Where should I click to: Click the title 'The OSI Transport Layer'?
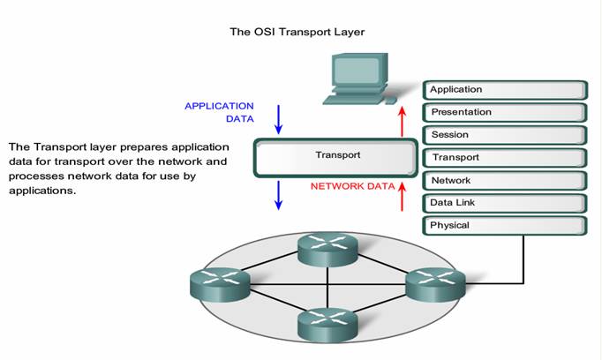click(297, 32)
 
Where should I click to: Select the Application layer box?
click(505, 90)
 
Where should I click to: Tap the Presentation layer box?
click(505, 112)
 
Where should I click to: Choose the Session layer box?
click(505, 135)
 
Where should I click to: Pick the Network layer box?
click(505, 180)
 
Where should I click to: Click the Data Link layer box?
click(505, 203)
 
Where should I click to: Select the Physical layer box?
click(505, 226)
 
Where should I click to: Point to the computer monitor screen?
click(357, 71)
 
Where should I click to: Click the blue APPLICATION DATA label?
click(219, 112)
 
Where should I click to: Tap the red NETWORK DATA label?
click(352, 186)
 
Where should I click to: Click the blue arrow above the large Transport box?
click(279, 119)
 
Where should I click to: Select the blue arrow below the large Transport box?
click(279, 195)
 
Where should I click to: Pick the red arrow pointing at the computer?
click(402, 121)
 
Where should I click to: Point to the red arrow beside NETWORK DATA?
click(402, 196)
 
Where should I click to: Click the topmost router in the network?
click(327, 249)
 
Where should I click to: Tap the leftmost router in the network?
click(220, 284)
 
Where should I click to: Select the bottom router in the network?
click(327, 326)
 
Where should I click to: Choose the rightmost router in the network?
click(436, 284)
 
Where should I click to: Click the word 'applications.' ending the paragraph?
click(42, 191)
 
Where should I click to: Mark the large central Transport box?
click(335, 158)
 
